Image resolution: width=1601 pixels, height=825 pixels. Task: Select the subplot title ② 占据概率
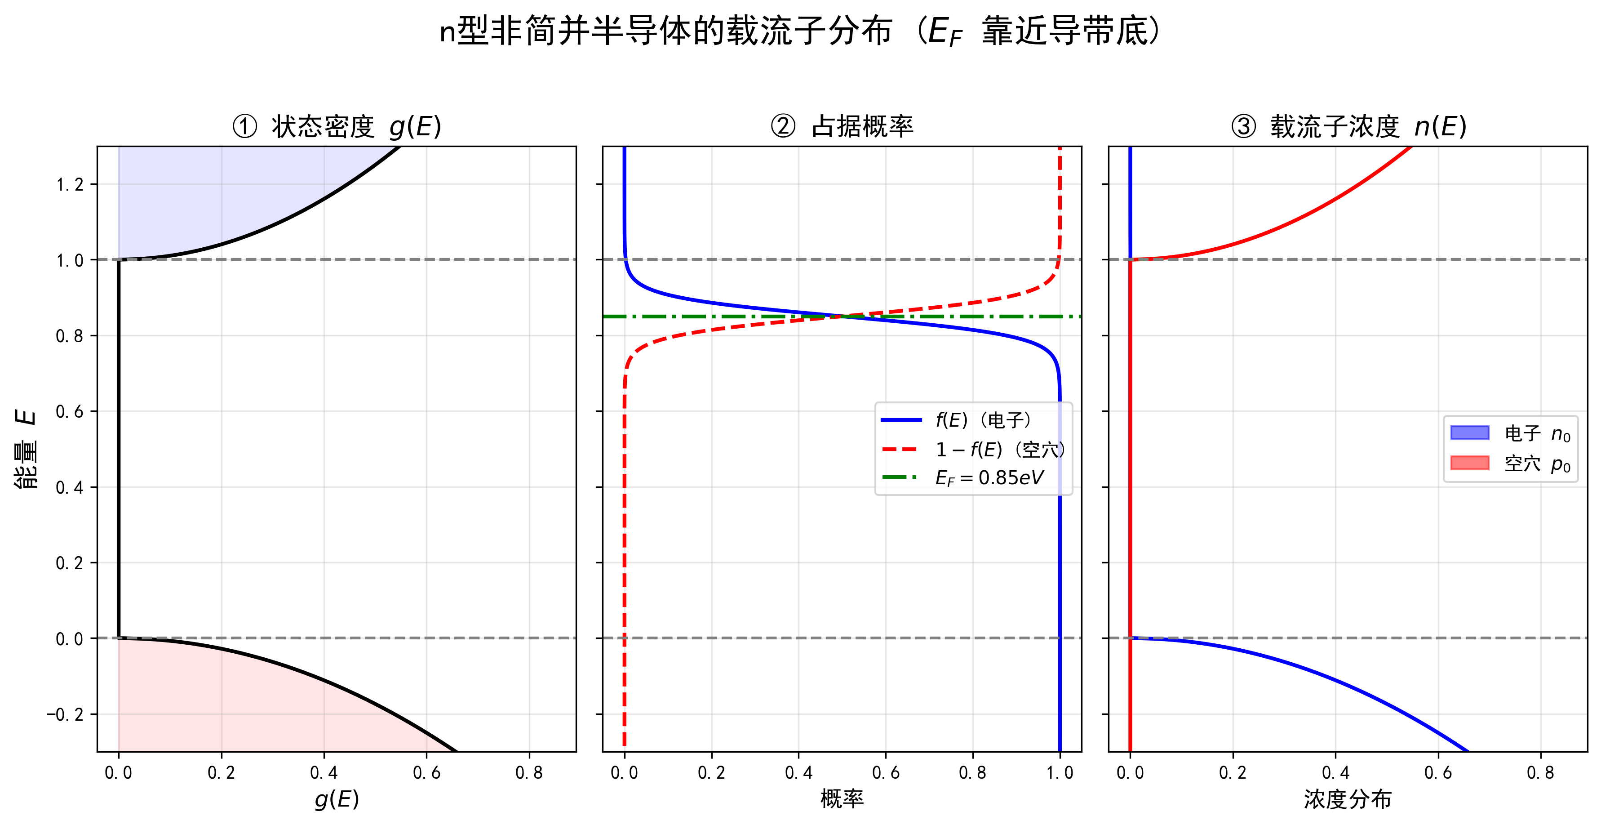[842, 127]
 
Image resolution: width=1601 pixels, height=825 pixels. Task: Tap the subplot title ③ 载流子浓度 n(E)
[1348, 127]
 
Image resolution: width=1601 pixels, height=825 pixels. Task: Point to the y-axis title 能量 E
[26, 449]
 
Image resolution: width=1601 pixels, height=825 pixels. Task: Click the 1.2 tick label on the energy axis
[70, 185]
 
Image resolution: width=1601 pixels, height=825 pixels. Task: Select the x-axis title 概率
[842, 799]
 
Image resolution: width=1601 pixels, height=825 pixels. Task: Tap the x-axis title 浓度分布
[1348, 799]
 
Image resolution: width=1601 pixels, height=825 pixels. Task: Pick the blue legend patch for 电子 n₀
[1470, 433]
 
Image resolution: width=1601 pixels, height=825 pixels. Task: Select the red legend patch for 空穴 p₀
[1470, 463]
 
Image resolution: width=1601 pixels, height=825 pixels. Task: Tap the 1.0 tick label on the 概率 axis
[1060, 773]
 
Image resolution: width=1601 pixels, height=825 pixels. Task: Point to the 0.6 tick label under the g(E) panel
[426, 773]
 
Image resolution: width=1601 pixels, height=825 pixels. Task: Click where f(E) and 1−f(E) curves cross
[842, 317]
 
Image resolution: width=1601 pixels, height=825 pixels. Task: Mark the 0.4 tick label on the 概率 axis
[798, 773]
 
